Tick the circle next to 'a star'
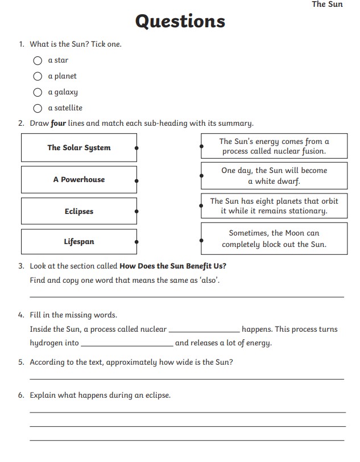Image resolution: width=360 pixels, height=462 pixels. point(38,60)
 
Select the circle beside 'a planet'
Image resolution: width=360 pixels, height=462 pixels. point(38,76)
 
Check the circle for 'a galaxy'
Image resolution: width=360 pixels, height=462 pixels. point(38,92)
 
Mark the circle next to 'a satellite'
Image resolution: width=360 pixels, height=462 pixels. point(38,108)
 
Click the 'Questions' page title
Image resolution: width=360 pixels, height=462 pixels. point(180,21)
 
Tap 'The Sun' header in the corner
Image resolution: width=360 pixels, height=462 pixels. point(327,5)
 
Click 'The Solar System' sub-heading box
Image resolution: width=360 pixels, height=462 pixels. point(79,148)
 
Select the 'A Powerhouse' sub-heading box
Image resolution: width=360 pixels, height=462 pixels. point(79,180)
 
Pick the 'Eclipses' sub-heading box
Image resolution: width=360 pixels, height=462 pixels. point(79,212)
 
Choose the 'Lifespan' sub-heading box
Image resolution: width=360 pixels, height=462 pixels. point(79,242)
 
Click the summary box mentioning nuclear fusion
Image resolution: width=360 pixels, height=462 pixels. point(274,146)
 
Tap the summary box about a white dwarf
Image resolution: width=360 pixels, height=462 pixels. point(274,176)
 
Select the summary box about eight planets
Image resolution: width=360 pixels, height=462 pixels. point(274,206)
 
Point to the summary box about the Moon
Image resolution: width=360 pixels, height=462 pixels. point(274,239)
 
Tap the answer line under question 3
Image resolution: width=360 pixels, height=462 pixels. point(187,295)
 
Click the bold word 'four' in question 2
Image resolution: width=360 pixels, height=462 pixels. point(59,123)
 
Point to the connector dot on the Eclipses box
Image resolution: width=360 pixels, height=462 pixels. point(136,212)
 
